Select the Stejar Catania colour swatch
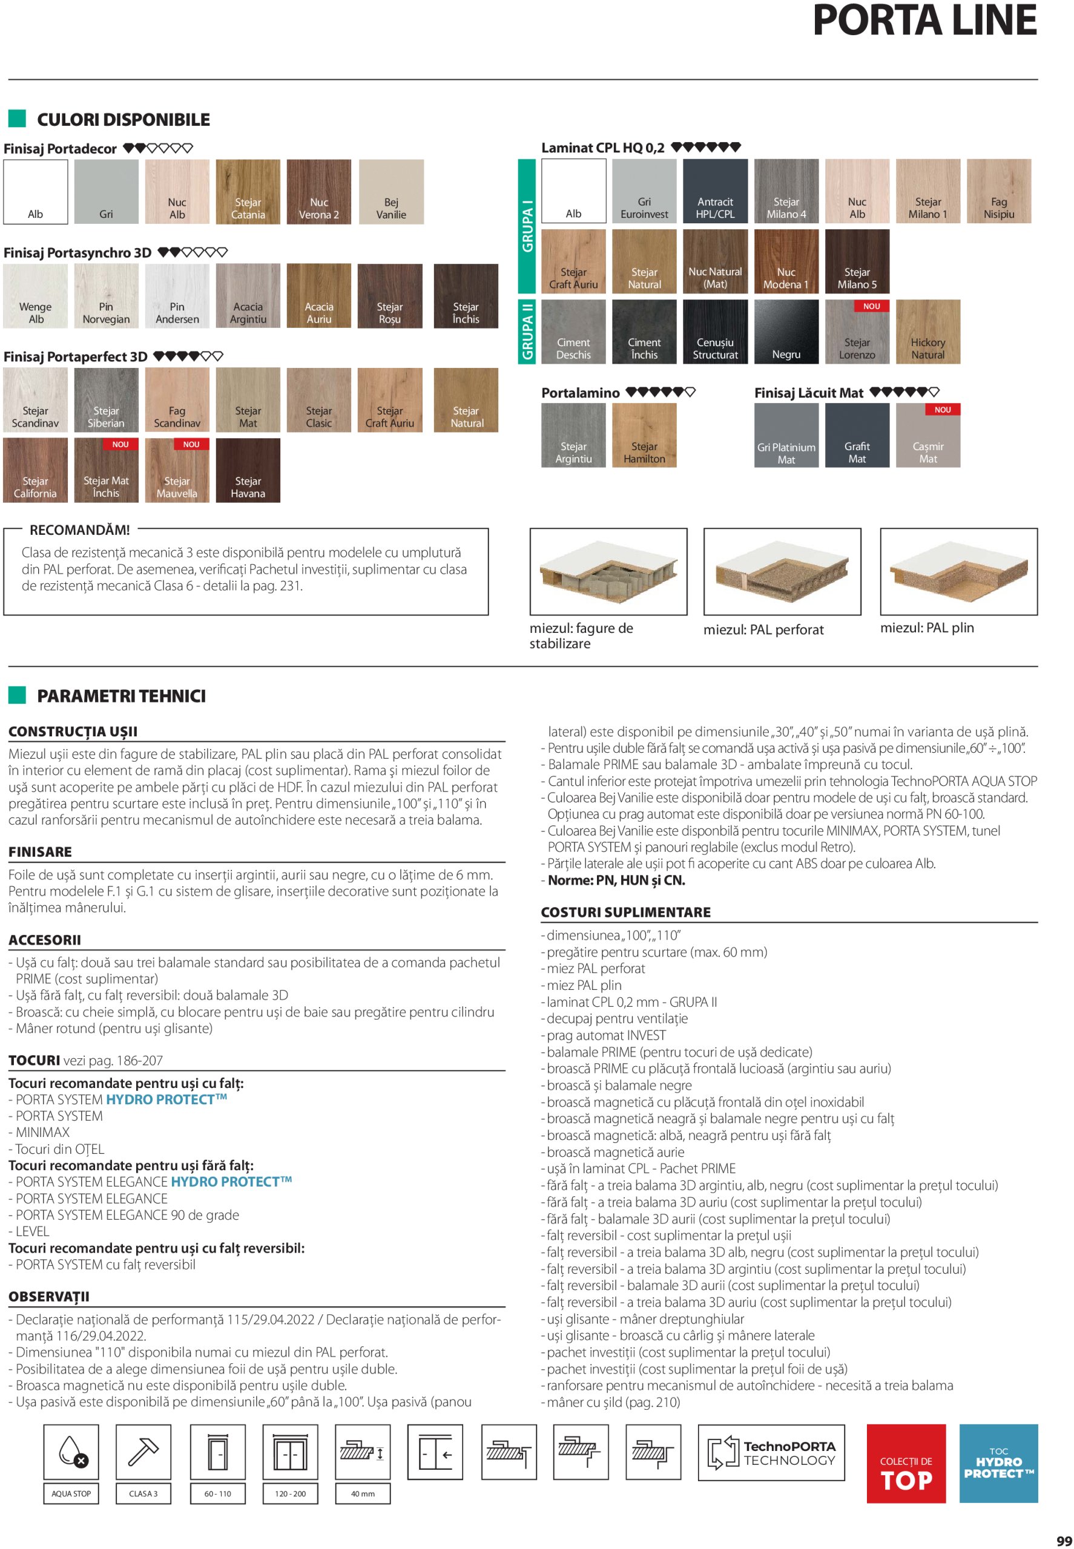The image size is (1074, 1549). (x=248, y=192)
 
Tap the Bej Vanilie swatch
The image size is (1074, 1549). (x=391, y=192)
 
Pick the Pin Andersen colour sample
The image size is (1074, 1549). (x=177, y=296)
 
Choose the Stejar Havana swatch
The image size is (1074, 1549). (x=248, y=470)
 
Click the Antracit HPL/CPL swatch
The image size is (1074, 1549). (x=714, y=191)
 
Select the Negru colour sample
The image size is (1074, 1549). (x=786, y=332)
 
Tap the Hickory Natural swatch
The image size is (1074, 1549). (x=928, y=332)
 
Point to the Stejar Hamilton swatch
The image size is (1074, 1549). (x=644, y=435)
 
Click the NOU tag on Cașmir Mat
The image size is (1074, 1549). (x=942, y=410)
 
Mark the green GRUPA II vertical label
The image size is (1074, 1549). (x=526, y=332)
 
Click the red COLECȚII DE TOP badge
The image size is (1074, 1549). (x=906, y=1464)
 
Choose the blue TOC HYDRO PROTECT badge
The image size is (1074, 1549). (x=998, y=1464)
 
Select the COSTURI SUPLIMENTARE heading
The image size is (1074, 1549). (x=626, y=912)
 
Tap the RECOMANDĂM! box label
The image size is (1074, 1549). (x=79, y=530)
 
